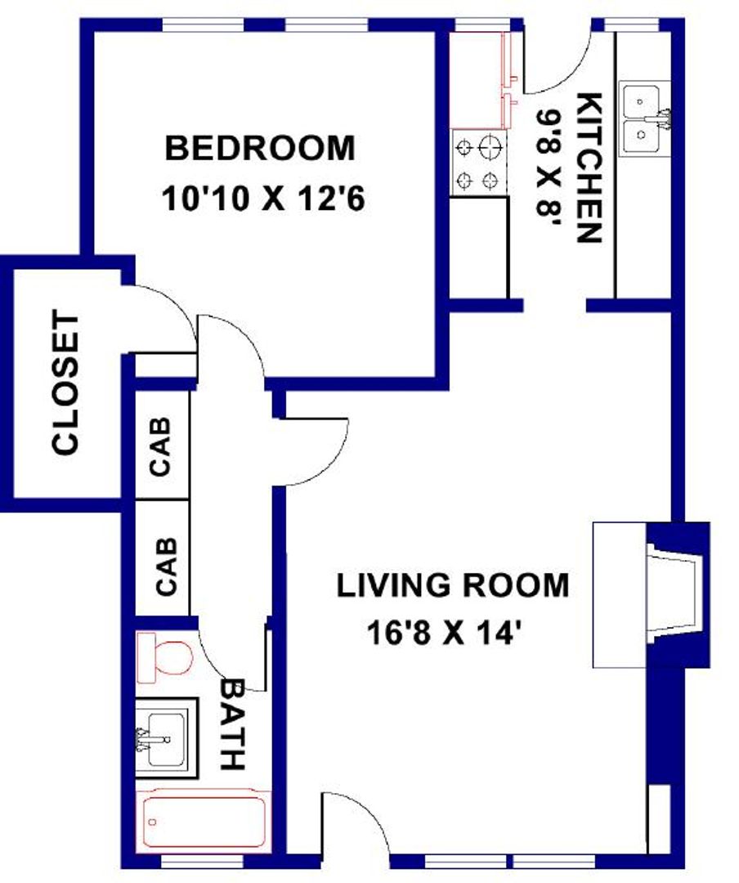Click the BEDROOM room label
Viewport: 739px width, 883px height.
[x=260, y=148]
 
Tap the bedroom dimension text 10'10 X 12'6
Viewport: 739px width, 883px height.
[x=263, y=199]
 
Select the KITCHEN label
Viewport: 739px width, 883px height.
[x=589, y=168]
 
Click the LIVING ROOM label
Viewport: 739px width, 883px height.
[x=452, y=585]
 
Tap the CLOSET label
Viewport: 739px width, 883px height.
[x=66, y=384]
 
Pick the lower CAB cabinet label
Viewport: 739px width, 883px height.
[x=166, y=567]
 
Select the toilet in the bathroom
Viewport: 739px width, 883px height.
[x=166, y=657]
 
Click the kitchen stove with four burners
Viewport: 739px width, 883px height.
[x=479, y=163]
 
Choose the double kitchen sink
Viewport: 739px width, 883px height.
[x=644, y=119]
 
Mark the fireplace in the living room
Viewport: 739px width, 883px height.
[x=651, y=595]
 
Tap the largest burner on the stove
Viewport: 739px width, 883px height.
[x=489, y=147]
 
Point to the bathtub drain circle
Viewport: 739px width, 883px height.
[x=152, y=822]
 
